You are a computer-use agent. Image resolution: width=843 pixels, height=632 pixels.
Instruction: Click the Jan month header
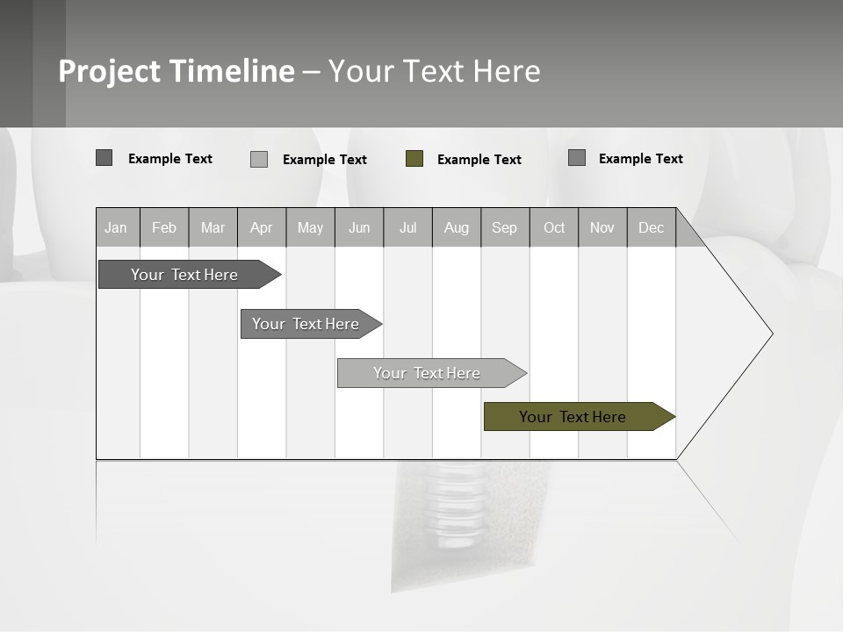click(x=116, y=228)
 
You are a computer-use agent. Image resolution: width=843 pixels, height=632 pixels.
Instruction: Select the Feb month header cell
click(x=164, y=228)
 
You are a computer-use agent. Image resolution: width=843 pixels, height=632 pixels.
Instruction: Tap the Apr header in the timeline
click(x=261, y=228)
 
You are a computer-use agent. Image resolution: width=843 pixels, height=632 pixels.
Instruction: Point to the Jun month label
click(x=359, y=228)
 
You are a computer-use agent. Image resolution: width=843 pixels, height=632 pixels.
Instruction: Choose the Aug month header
click(x=456, y=228)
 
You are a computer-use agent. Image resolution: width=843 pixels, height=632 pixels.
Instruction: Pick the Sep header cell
click(x=504, y=228)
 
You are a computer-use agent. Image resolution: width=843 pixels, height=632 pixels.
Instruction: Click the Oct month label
click(x=554, y=228)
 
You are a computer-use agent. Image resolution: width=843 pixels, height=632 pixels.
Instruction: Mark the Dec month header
click(x=651, y=228)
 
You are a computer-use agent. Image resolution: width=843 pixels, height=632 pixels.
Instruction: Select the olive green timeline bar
click(x=572, y=417)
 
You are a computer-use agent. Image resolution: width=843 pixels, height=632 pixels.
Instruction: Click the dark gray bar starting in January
click(x=184, y=275)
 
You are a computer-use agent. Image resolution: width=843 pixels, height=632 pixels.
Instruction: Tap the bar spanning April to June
click(x=306, y=324)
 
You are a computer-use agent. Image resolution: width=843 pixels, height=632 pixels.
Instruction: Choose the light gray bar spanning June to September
click(x=427, y=373)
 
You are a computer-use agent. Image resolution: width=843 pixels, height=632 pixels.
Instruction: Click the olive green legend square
click(x=414, y=159)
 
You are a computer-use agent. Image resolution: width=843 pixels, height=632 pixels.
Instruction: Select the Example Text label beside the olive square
click(x=479, y=160)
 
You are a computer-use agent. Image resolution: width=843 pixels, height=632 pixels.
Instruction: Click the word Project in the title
click(x=110, y=71)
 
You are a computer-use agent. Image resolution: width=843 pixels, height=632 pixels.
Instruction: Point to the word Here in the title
click(x=507, y=71)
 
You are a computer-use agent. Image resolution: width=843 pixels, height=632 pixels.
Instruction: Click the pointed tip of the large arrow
click(x=770, y=334)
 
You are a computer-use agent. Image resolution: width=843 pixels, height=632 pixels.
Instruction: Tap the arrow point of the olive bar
click(x=672, y=417)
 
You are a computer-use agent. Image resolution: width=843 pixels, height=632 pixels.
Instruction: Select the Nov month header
click(x=602, y=228)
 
